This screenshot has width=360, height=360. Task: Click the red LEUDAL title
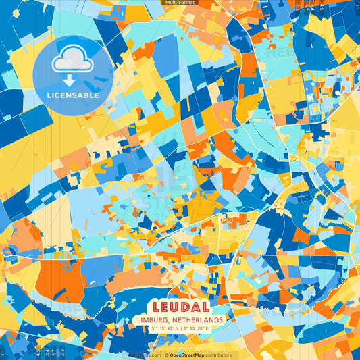point(180,307)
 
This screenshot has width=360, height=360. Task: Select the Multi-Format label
point(180,3)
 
